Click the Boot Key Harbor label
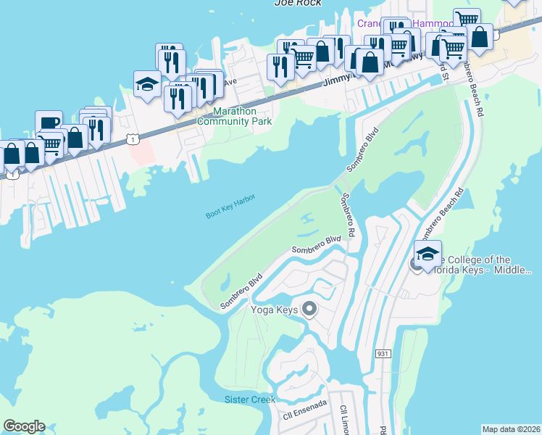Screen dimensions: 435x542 click(x=231, y=205)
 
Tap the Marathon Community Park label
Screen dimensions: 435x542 click(x=243, y=117)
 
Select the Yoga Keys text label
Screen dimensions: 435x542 click(x=274, y=310)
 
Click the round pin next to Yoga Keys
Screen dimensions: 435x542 click(x=309, y=310)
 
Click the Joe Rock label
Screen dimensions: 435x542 click(x=296, y=3)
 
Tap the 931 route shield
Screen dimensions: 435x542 click(x=385, y=353)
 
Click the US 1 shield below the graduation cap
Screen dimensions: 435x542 click(x=130, y=137)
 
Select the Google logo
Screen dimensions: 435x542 click(x=24, y=426)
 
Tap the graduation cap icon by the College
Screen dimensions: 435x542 click(x=428, y=254)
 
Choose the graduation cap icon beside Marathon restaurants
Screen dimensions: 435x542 click(x=147, y=84)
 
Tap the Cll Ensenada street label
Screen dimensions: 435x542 click(x=305, y=411)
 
